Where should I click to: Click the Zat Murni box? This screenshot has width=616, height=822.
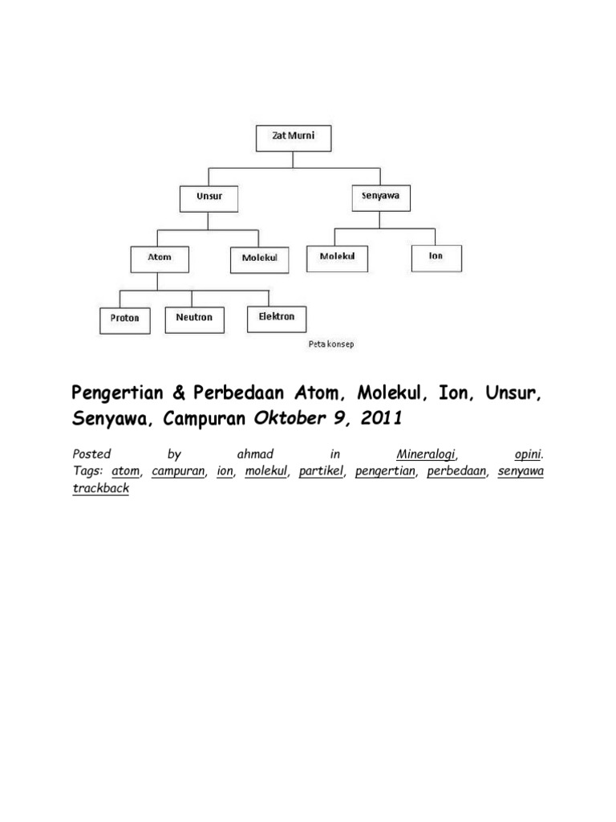click(x=292, y=137)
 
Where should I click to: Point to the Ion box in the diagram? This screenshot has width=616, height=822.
click(x=436, y=257)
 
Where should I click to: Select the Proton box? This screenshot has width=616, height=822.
click(x=124, y=318)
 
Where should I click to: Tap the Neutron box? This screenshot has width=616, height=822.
click(x=194, y=318)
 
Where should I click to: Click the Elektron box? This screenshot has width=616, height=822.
click(x=276, y=317)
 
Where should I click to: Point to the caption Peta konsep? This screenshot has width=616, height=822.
click(x=330, y=344)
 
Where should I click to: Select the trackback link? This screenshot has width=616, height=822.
click(x=100, y=487)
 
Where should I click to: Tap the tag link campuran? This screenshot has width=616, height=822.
click(x=178, y=471)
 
